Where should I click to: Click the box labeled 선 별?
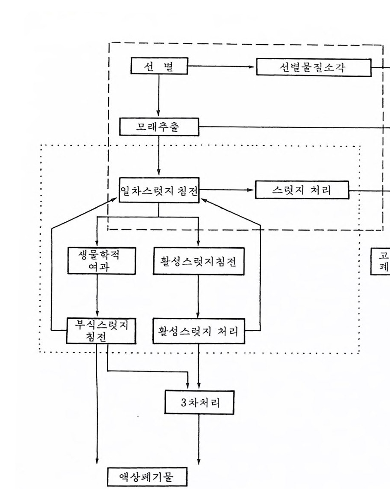click(159, 67)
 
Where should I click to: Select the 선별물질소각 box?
click(314, 67)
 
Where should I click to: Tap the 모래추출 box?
click(159, 127)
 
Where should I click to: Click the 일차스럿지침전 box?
click(159, 191)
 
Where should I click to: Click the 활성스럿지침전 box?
click(199, 261)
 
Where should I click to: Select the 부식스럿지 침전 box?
click(100, 331)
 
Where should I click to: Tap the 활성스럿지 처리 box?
click(199, 331)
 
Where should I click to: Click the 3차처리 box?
click(200, 402)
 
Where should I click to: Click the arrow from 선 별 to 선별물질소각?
click(221, 67)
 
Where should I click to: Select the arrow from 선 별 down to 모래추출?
click(159, 97)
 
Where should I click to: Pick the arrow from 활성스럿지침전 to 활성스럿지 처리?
click(198, 296)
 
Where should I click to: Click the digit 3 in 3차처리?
click(183, 403)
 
